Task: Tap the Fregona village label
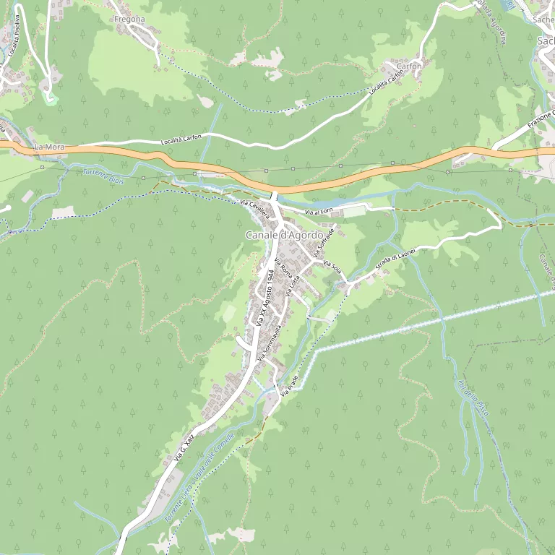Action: [x=129, y=20]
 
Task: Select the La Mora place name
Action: [x=50, y=147]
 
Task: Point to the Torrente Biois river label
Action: [x=103, y=176]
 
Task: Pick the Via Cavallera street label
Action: [x=254, y=207]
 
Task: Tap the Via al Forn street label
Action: [x=317, y=212]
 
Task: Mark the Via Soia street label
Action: [x=332, y=266]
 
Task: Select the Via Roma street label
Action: [x=283, y=277]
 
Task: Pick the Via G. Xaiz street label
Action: [x=185, y=447]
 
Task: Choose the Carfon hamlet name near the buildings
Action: [x=409, y=66]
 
